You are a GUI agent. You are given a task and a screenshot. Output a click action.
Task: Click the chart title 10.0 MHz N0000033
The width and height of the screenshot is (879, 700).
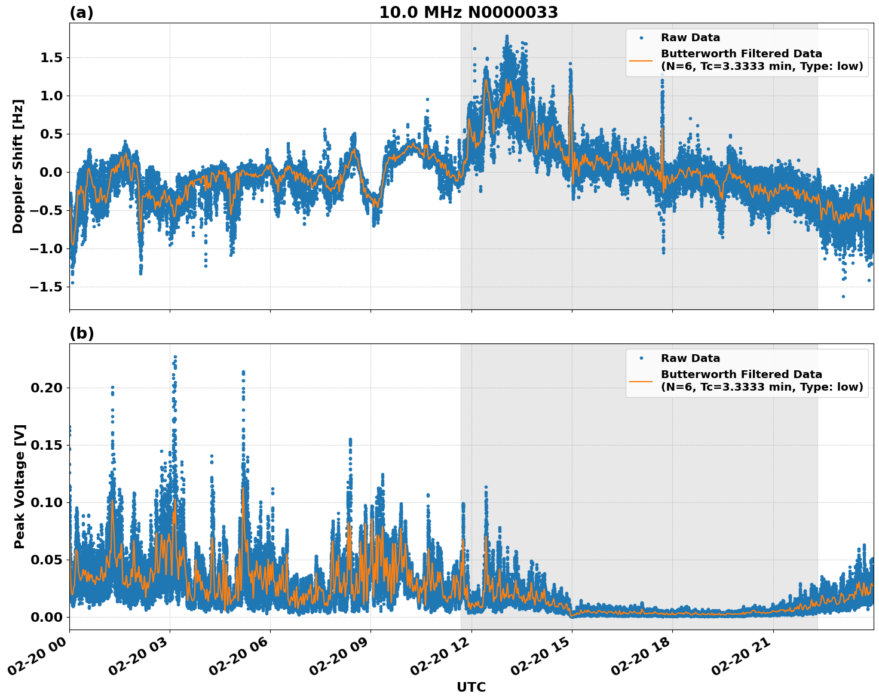tap(468, 13)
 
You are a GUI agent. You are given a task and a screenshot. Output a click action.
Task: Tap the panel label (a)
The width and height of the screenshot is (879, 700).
tap(81, 13)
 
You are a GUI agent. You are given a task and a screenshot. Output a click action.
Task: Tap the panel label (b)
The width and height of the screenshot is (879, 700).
tap(81, 333)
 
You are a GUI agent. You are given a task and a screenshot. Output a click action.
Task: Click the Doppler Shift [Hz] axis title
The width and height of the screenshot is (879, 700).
tap(18, 166)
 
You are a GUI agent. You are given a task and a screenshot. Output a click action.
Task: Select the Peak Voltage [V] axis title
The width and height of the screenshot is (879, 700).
tap(20, 487)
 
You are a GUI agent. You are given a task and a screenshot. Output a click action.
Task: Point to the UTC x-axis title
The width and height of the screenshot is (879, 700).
tap(471, 687)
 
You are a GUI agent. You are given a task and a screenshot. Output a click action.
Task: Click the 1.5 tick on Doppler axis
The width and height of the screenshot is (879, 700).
tap(51, 57)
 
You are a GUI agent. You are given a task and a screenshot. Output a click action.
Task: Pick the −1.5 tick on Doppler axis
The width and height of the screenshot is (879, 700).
tap(46, 287)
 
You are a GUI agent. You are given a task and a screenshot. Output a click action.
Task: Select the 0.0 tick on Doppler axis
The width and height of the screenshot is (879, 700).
tap(51, 172)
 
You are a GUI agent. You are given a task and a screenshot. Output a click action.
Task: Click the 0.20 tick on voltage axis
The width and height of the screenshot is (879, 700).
tap(46, 388)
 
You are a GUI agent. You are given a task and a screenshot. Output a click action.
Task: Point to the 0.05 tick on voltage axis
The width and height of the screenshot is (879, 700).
tap(46, 560)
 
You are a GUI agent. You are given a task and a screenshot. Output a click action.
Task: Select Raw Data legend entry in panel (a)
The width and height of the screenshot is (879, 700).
tap(690, 38)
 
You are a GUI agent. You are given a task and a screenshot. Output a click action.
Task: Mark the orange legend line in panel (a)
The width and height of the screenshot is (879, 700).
tap(641, 60)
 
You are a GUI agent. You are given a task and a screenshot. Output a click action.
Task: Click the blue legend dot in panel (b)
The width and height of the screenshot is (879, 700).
tap(641, 358)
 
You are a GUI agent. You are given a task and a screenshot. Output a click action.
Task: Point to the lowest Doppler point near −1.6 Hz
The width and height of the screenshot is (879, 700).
tap(843, 296)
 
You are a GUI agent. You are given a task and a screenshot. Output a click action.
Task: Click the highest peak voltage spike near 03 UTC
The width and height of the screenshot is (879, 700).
tap(175, 357)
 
